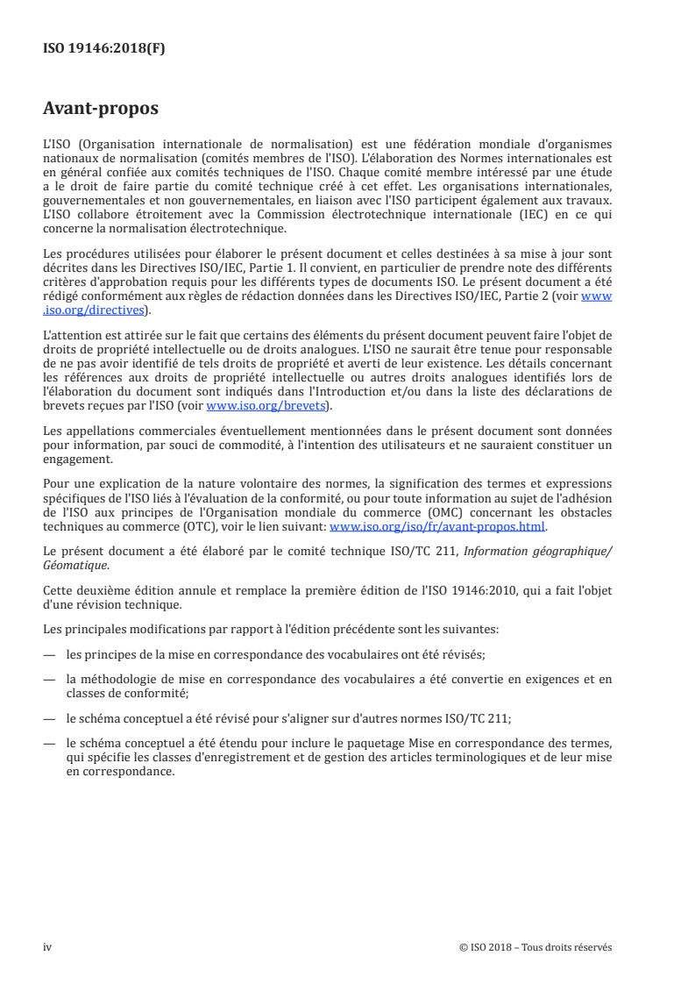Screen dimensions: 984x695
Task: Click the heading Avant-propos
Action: pos(101,109)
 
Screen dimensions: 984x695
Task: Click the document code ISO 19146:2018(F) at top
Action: pos(103,49)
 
